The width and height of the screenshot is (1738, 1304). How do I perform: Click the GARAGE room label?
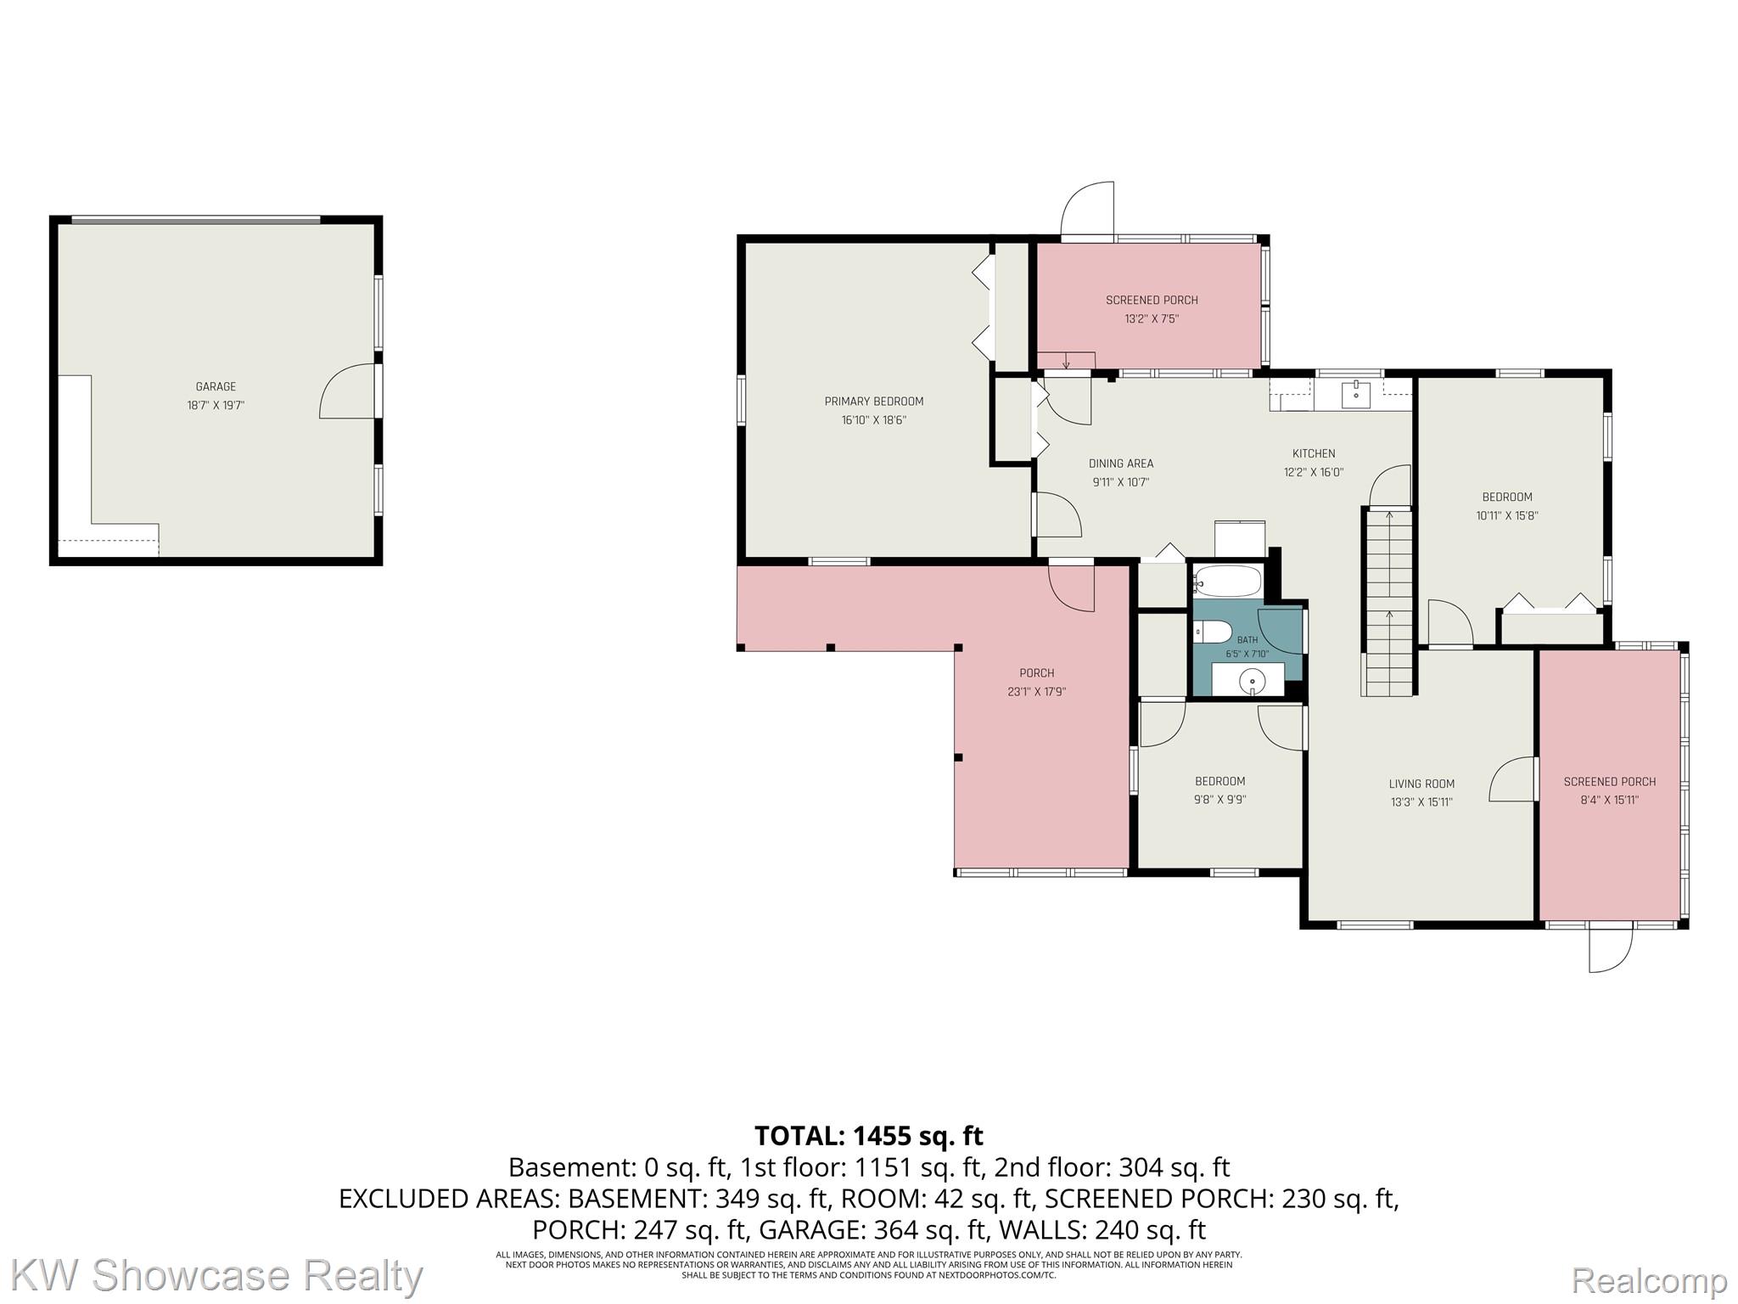pos(216,386)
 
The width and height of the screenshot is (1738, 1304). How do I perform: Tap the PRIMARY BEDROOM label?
pos(874,402)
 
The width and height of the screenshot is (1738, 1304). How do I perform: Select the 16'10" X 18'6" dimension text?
pos(874,420)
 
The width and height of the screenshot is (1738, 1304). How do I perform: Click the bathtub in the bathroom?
pos(1228,582)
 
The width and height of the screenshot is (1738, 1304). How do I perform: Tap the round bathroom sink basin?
pos(1253,681)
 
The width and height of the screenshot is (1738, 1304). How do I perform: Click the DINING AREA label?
pos(1121,464)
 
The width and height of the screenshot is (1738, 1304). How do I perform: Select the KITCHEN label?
pos(1314,453)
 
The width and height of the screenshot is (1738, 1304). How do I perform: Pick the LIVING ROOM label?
pos(1421,784)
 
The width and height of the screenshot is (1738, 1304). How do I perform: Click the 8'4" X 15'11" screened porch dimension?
pos(1610,800)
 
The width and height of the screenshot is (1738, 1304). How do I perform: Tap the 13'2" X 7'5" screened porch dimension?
pos(1152,319)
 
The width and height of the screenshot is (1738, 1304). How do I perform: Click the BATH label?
pos(1247,640)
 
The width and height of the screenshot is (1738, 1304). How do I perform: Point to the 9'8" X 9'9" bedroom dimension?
pos(1220,800)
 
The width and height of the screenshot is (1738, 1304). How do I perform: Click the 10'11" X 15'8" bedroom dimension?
pos(1507,515)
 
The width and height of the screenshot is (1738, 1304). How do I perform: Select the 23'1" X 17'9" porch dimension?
pos(1037,692)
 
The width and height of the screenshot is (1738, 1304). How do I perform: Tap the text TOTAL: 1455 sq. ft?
pos(869,1135)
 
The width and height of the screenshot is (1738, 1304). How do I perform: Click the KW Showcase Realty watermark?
pos(217,1276)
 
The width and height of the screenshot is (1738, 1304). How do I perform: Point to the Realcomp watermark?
pos(1649,1279)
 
